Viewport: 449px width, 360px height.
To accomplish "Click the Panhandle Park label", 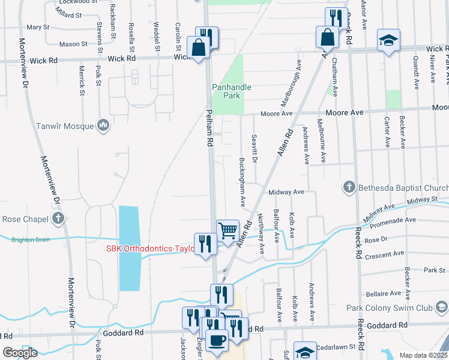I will coord(232,91).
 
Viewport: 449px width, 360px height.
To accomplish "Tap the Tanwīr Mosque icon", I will coord(103,125).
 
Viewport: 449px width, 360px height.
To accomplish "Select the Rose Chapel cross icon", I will coord(58,218).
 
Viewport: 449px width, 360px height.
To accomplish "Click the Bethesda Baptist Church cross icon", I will coord(349,188).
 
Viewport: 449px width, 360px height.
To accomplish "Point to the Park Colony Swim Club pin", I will coord(441,308).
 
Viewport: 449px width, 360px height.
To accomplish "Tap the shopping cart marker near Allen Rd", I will coord(227,230).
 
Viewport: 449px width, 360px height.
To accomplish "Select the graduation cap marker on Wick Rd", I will coord(388,41).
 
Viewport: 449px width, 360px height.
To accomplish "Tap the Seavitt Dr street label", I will coord(255,148).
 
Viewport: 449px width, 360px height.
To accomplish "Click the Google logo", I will coord(20,352).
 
